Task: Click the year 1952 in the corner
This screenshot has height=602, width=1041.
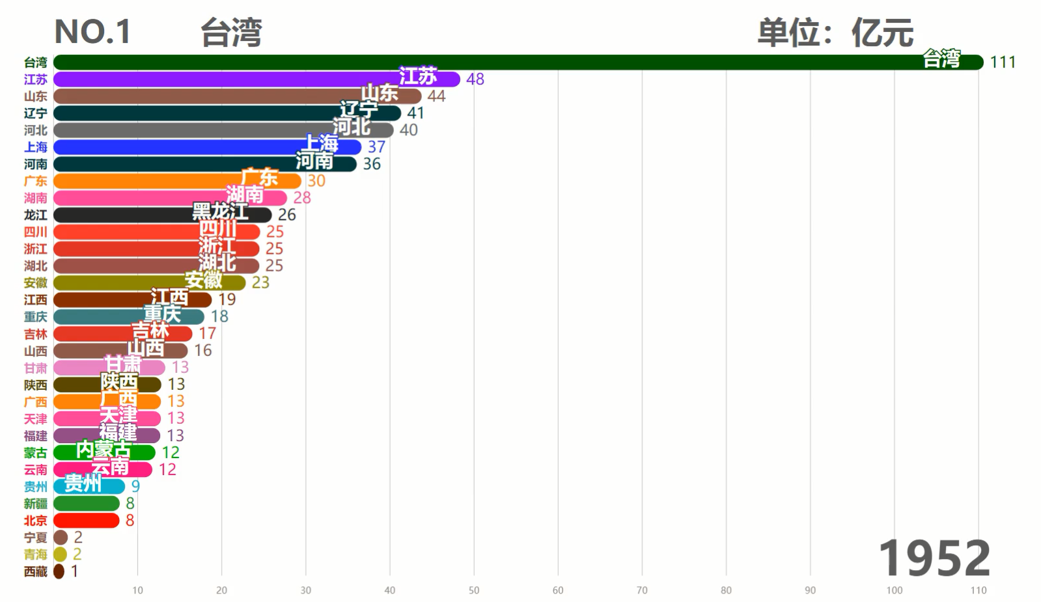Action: pos(934,558)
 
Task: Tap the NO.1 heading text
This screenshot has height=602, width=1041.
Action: pos(92,31)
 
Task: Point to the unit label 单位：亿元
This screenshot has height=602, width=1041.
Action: pos(835,32)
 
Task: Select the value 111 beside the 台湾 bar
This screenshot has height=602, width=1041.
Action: pos(1003,62)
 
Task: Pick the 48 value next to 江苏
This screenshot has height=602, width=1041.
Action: pos(475,79)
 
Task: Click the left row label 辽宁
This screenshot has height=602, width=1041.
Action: pos(36,113)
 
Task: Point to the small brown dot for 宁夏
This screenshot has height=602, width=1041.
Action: pos(61,538)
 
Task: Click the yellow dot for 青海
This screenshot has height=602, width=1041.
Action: pos(61,554)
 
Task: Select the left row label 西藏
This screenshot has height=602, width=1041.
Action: pos(36,571)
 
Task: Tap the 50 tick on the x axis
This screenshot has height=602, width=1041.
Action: pos(474,590)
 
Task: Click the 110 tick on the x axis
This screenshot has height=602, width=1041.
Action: pos(979,590)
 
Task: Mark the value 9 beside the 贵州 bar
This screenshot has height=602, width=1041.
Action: pos(135,486)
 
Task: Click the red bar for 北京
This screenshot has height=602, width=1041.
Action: pos(86,521)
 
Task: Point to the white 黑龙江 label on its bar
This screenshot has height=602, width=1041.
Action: pos(220,211)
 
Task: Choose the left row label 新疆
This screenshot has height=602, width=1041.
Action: pos(36,504)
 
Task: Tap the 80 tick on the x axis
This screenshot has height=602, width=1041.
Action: pos(726,590)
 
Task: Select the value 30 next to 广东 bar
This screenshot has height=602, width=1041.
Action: pos(316,181)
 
